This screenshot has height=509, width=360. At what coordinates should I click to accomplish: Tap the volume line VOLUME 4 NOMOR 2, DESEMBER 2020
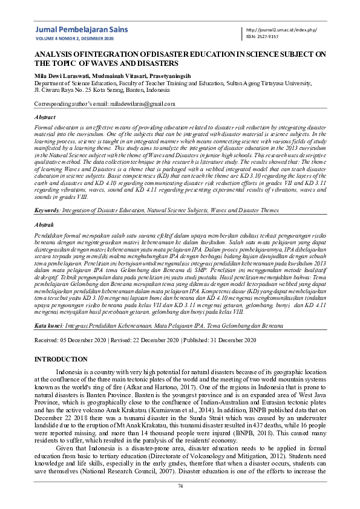tap(70, 37)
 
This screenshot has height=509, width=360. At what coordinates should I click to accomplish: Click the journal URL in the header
tap(282, 30)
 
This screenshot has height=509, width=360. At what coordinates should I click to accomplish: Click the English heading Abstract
tap(45, 117)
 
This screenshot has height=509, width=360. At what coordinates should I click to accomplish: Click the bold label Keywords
tap(47, 210)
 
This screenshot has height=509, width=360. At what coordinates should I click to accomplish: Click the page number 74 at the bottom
tap(180, 486)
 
